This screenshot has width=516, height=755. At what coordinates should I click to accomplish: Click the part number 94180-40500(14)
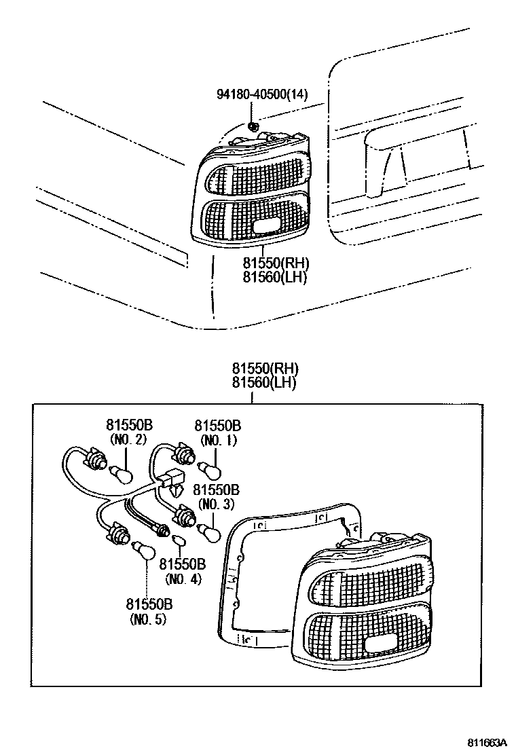tap(262, 94)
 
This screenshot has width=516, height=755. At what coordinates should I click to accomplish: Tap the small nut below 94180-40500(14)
tap(254, 125)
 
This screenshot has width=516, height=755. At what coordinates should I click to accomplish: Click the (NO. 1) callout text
tap(217, 440)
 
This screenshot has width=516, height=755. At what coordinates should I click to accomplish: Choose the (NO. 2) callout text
tap(128, 440)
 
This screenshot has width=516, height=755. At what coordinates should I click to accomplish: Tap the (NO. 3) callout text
tap(217, 504)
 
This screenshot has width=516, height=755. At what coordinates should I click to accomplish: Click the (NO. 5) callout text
tap(148, 619)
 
